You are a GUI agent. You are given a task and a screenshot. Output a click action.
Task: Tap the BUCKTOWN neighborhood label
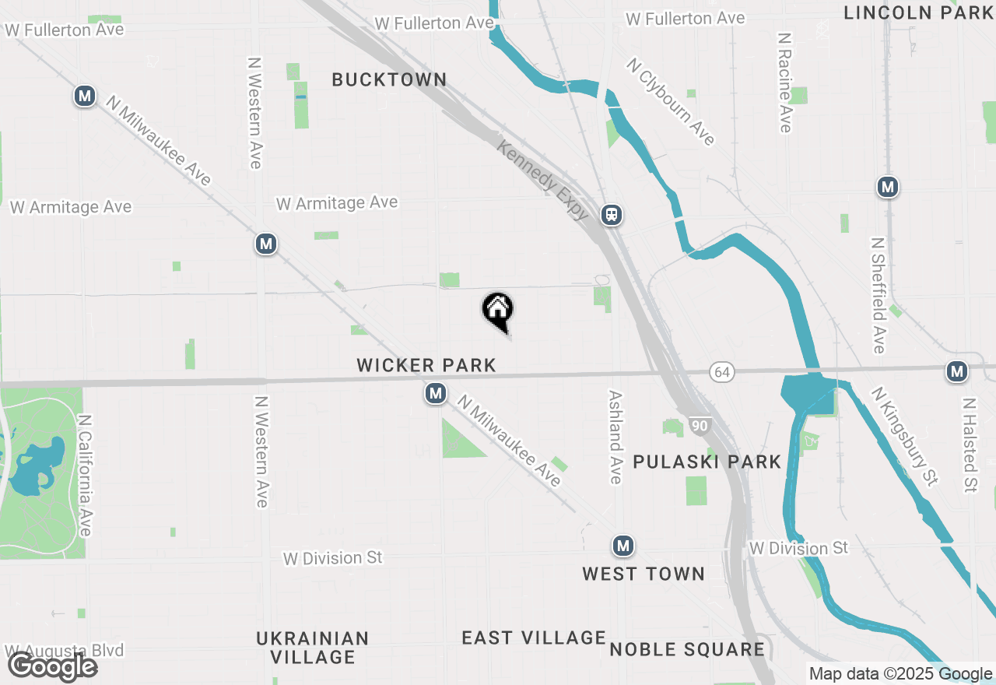[x=389, y=79]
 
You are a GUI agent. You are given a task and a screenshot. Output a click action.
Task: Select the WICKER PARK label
[x=426, y=365]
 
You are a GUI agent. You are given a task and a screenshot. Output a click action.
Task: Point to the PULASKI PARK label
[x=707, y=462]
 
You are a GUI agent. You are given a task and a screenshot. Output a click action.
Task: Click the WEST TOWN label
[x=644, y=574]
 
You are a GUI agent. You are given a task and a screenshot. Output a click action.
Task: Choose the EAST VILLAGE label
[x=534, y=638]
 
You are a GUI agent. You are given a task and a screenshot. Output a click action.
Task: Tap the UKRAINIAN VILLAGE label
[x=313, y=648]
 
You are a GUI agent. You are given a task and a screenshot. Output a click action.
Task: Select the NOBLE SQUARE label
[x=687, y=649]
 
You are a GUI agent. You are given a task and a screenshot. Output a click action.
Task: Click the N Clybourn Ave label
[x=671, y=102]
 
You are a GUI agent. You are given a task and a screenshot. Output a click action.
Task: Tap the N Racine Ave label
[x=785, y=83]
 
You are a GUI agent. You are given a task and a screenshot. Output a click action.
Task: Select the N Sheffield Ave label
[x=878, y=295]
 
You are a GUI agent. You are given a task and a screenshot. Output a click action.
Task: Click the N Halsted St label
[x=970, y=445]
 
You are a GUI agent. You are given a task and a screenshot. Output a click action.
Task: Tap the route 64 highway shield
[x=722, y=373]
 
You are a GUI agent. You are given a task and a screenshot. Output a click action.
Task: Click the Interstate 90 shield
[x=699, y=426]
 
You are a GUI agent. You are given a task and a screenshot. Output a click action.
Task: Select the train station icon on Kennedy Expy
[x=612, y=215]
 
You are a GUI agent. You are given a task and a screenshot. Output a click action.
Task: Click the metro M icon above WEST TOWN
[x=622, y=546]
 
